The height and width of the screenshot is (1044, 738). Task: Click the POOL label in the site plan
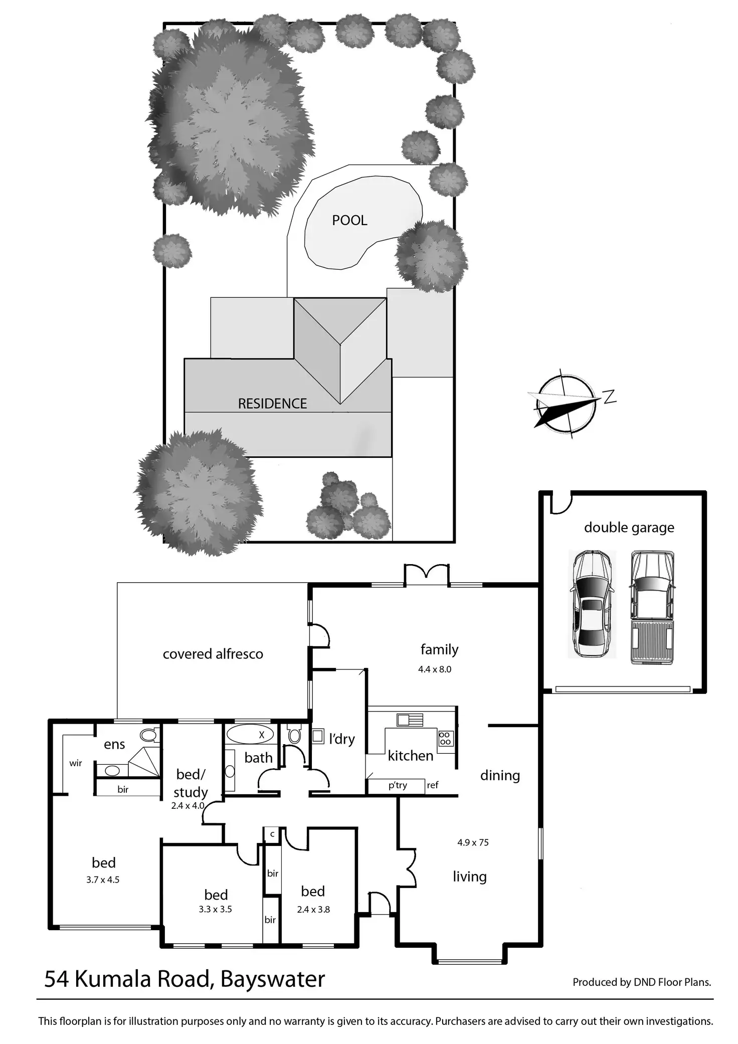point(349,220)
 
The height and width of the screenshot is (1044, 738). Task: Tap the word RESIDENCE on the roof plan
point(272,404)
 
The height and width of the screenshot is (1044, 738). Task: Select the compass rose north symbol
point(566,404)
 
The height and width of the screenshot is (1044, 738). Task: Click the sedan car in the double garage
point(592,604)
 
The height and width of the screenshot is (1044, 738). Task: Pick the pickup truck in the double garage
point(652,607)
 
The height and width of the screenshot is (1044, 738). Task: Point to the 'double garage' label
point(629,528)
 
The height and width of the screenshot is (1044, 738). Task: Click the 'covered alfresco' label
point(213,654)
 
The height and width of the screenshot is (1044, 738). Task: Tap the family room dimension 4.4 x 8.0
point(435,669)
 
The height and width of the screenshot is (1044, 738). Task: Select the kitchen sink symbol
point(410,720)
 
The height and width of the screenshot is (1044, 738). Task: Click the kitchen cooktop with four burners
point(445,738)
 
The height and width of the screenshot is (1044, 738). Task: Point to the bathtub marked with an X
point(250,735)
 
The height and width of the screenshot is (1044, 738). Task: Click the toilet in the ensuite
point(148,735)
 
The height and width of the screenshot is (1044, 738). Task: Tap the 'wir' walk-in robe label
point(76,763)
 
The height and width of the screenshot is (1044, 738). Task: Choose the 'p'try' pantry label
point(398,785)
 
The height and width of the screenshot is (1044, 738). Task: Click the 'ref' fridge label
point(432,785)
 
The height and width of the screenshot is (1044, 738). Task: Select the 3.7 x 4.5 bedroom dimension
point(103,880)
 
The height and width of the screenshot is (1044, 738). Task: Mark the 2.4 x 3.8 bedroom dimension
point(313,909)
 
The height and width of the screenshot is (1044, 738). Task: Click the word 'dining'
point(500,775)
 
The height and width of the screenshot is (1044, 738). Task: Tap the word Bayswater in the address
point(272,979)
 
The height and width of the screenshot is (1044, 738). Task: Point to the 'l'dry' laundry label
point(342,739)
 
